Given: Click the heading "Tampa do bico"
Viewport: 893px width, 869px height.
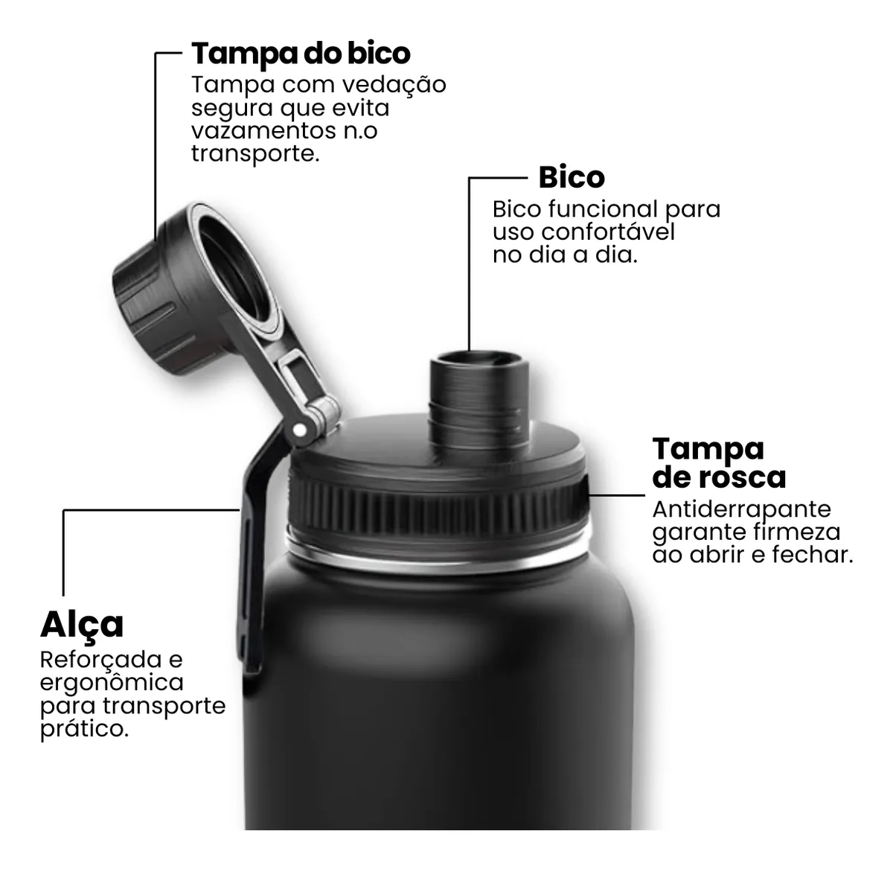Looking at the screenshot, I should point(301,54).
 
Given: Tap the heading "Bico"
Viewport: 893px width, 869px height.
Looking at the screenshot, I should point(571,177).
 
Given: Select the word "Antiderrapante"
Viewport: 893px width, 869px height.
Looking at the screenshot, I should point(741,509).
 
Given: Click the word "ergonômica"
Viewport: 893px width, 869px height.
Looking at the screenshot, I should point(112,684).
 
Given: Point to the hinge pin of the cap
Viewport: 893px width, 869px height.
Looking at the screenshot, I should point(301,430).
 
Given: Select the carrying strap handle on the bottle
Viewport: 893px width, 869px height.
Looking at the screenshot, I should point(250,566).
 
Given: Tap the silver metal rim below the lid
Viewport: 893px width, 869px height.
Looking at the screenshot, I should point(439,555).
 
